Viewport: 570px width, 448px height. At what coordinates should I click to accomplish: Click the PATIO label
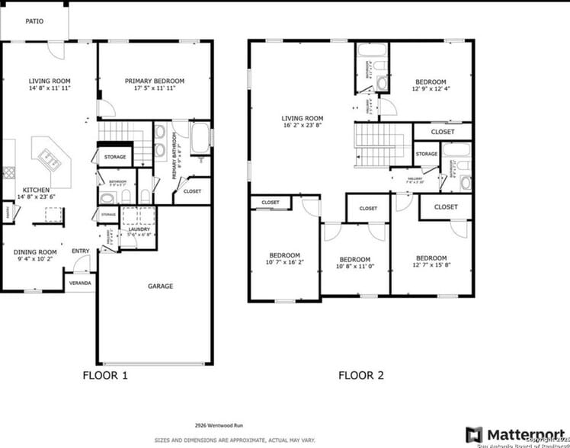click(x=34, y=21)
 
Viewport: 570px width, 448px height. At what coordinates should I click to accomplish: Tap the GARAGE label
click(x=160, y=286)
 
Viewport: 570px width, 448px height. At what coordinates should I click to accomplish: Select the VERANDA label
click(x=80, y=283)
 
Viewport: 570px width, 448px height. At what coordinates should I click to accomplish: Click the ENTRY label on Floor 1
click(x=80, y=251)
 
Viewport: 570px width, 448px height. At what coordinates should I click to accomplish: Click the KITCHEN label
click(x=37, y=190)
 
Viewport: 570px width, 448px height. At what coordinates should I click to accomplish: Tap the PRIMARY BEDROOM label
click(x=155, y=81)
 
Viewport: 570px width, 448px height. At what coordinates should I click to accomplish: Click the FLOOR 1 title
click(x=105, y=375)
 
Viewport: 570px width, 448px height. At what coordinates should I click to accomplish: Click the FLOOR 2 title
click(x=361, y=375)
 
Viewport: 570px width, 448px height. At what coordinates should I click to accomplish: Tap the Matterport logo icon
click(x=473, y=435)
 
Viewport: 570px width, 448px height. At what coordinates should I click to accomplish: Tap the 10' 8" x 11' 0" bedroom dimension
click(x=355, y=268)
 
